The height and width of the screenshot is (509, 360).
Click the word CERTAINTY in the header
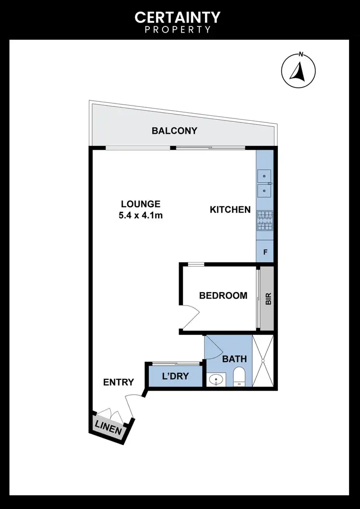178,18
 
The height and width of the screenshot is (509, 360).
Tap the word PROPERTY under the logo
178,30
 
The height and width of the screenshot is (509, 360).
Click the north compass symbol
298,71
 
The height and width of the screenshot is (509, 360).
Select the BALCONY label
174,130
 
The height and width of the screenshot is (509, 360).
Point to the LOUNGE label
141,204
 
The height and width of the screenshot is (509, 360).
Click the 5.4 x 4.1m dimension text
141,215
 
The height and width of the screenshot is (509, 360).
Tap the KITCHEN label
230,209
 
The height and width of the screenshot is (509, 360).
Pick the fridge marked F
264,252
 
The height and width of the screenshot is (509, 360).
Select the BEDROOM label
223,296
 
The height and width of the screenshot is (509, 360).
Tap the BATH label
234,358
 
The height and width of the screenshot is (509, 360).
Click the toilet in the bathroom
239,377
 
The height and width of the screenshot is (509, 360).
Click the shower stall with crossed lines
264,361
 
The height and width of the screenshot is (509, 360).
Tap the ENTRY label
119,382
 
